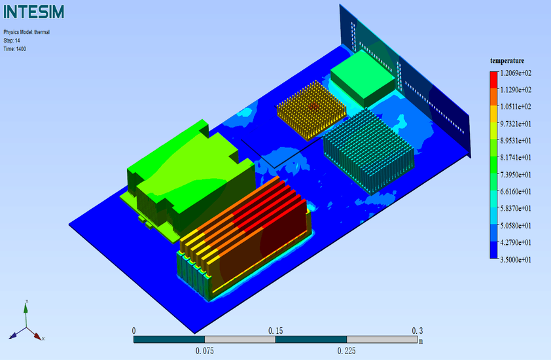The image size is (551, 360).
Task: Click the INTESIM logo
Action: click(34, 12)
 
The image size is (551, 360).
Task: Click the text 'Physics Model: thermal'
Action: click(27, 32)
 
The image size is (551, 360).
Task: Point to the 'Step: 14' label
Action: click(12, 41)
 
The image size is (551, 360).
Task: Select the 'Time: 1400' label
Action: click(15, 49)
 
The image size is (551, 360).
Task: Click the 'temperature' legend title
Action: click(507, 61)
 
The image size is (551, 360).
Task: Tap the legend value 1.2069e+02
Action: click(516, 73)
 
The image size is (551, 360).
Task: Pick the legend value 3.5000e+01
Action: click(516, 260)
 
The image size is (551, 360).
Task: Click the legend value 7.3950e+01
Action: click(516, 175)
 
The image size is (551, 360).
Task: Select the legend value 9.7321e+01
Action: click(516, 124)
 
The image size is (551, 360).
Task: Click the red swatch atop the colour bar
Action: click(493, 79)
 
